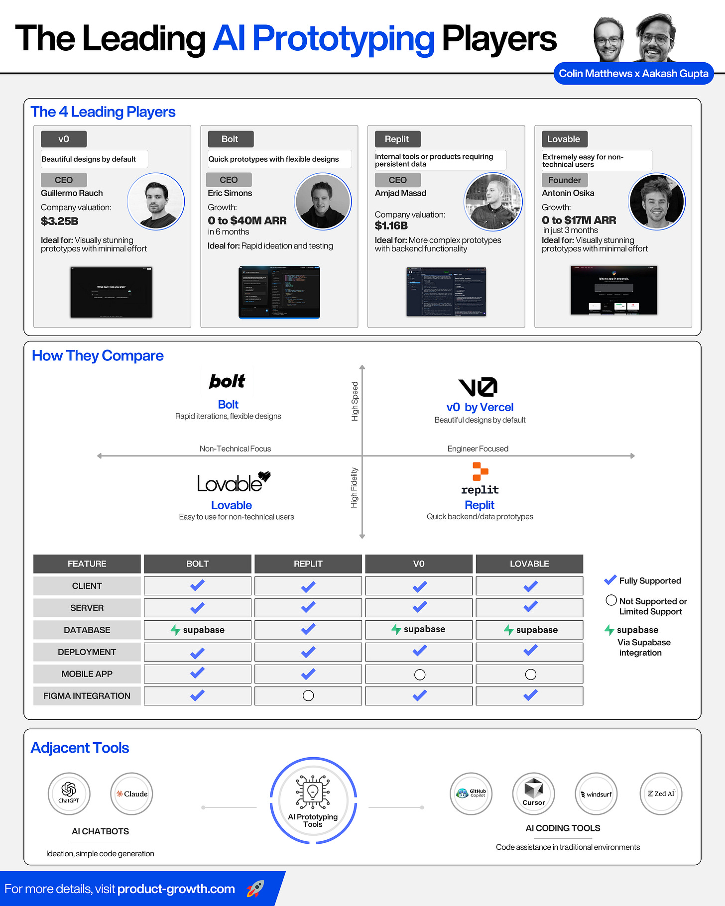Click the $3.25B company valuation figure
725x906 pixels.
[60, 221]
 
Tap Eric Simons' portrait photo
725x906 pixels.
[323, 201]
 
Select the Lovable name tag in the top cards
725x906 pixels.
[564, 139]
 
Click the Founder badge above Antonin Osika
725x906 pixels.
[564, 180]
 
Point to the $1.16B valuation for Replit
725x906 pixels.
[391, 226]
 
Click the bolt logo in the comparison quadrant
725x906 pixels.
[227, 381]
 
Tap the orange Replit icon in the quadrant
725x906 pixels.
[480, 471]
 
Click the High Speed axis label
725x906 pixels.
[355, 401]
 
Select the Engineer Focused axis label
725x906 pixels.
[478, 449]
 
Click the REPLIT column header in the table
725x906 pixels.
[308, 564]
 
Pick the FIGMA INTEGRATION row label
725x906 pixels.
[87, 695]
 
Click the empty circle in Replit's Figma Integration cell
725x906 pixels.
[308, 695]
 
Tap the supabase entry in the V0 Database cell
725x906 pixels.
[418, 629]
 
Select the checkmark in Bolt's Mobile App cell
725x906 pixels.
[197, 673]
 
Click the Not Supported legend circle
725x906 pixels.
[611, 600]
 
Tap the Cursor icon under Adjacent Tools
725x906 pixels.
[533, 793]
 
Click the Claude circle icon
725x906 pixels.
[131, 793]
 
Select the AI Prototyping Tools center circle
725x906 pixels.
[313, 800]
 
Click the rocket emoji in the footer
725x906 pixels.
[255, 889]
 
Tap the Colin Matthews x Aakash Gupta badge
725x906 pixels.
[633, 74]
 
